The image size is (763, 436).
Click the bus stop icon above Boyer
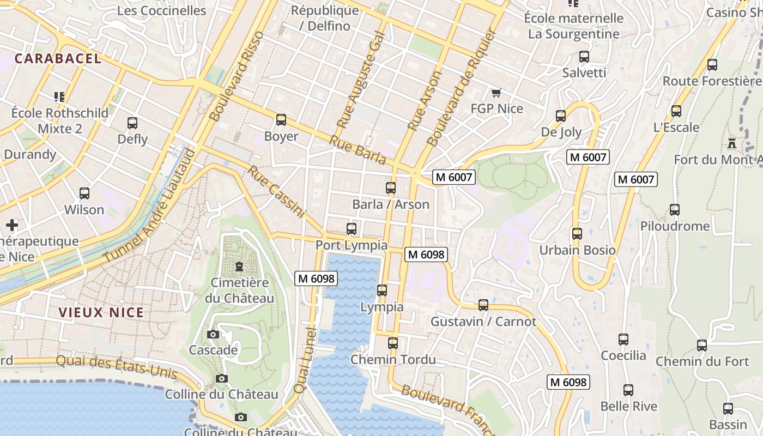pos(281,120)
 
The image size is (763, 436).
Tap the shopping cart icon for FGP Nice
pos(496,93)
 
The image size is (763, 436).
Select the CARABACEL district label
pos(58,59)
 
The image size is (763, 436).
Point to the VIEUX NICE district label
pos(101,312)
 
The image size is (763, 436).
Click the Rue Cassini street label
pos(276,192)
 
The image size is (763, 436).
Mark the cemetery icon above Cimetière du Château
pos(239,267)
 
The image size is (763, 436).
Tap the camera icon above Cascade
pos(213,334)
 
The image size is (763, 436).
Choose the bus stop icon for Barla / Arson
pos(391,189)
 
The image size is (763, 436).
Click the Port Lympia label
pos(352,245)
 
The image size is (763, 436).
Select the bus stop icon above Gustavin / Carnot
pos(483,305)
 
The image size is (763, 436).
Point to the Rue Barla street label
pos(358,150)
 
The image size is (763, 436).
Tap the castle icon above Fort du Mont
pos(732,144)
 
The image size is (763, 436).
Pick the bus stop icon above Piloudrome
pos(675,210)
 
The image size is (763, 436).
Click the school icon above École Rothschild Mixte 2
pos(59,97)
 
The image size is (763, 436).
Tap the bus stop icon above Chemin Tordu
pos(393,343)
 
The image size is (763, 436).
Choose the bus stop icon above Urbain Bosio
pos(577,234)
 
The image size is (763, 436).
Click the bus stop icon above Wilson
pos(84,193)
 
